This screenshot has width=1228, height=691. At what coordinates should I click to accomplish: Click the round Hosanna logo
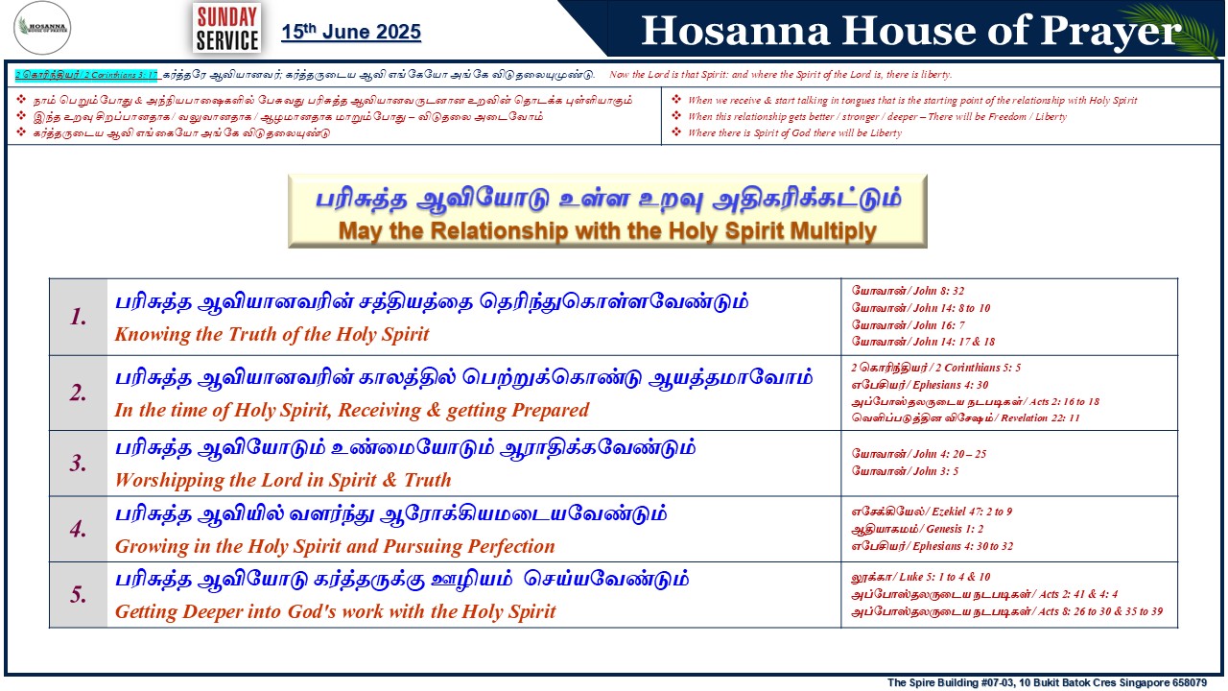[41, 28]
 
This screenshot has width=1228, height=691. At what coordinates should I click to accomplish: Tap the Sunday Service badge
[227, 28]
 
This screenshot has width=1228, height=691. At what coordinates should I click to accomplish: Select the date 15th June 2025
[351, 32]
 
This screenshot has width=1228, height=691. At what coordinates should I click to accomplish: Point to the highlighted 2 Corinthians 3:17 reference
[86, 75]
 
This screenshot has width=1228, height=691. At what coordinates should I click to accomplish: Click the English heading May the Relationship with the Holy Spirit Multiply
[607, 231]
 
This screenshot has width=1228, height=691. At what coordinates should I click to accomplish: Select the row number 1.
[78, 317]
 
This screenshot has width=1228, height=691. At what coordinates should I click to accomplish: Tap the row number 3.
[78, 464]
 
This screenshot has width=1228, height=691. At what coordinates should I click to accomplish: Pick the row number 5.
[78, 594]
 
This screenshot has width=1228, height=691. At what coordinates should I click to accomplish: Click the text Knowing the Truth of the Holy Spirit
[272, 334]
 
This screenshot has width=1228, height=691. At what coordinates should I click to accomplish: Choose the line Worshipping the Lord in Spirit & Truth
[283, 480]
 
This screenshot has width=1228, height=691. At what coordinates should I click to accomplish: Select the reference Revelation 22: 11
[1041, 417]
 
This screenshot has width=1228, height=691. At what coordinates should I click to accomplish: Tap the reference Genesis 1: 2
[955, 529]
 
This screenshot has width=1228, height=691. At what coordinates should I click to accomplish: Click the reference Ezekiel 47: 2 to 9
[972, 512]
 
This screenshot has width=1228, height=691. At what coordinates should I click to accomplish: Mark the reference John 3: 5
[935, 471]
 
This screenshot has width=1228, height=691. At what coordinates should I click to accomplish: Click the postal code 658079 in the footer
[1189, 682]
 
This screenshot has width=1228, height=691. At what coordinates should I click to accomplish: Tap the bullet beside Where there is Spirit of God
[676, 132]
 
